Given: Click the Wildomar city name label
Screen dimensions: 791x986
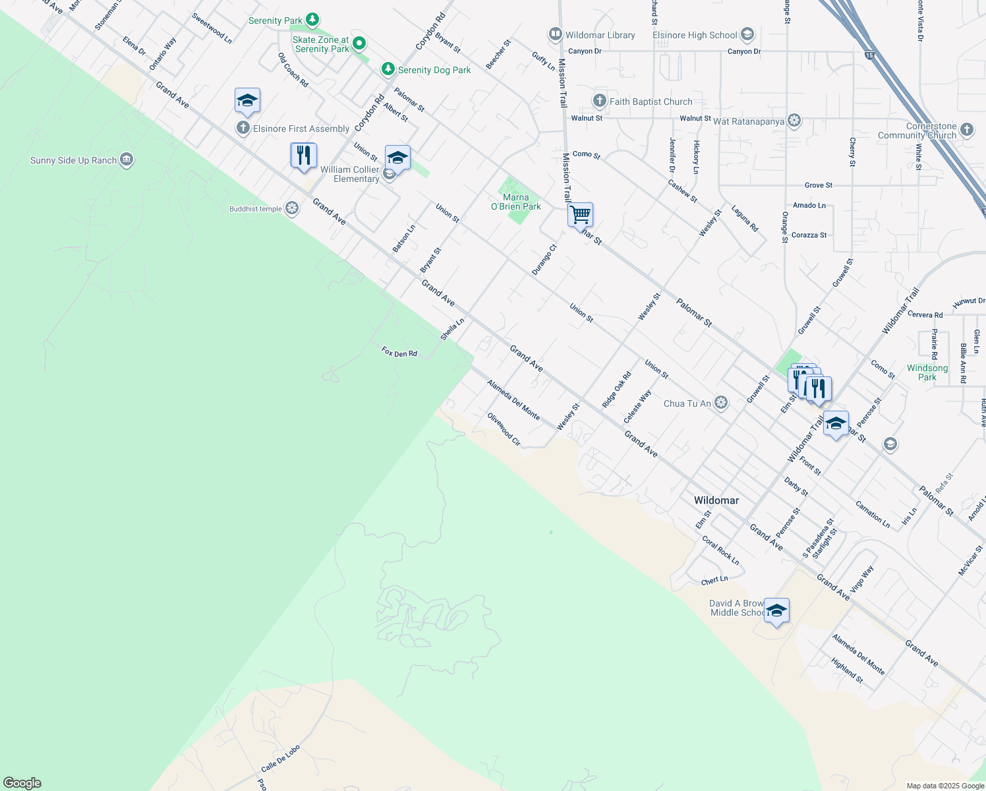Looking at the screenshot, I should point(716,500).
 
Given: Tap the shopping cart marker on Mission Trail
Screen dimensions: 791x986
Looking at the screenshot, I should point(580,215).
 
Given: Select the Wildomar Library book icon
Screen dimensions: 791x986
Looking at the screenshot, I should point(555,34).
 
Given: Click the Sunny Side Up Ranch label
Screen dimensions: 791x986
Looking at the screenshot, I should point(73,160).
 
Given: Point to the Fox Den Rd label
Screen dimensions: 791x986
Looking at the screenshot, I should point(399,353).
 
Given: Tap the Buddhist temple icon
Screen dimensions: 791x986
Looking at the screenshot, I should point(292,209).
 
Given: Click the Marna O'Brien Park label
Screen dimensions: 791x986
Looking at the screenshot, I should point(516,202).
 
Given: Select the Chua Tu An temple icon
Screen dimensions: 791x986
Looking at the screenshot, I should point(721,403).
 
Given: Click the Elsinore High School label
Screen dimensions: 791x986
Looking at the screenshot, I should point(695,35).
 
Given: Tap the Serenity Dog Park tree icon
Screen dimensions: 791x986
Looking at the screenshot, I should point(388,69).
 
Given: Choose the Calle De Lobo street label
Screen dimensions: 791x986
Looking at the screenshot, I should point(281,759).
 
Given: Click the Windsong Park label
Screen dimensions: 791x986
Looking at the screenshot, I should point(927,372).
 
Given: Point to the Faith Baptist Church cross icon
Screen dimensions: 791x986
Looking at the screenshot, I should point(599,101).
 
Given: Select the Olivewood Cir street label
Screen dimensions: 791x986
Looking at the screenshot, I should point(504,429).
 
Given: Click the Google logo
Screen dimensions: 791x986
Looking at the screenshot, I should point(22,783).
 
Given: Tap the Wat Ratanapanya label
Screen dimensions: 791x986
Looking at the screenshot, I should point(749,121).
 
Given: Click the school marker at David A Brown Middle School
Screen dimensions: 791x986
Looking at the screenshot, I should point(776,612).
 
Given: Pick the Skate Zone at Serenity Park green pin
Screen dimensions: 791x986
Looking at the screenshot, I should point(359,44).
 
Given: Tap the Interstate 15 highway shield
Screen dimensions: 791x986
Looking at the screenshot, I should point(870,55).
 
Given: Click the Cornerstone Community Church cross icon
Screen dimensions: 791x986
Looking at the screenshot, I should point(967,129).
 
